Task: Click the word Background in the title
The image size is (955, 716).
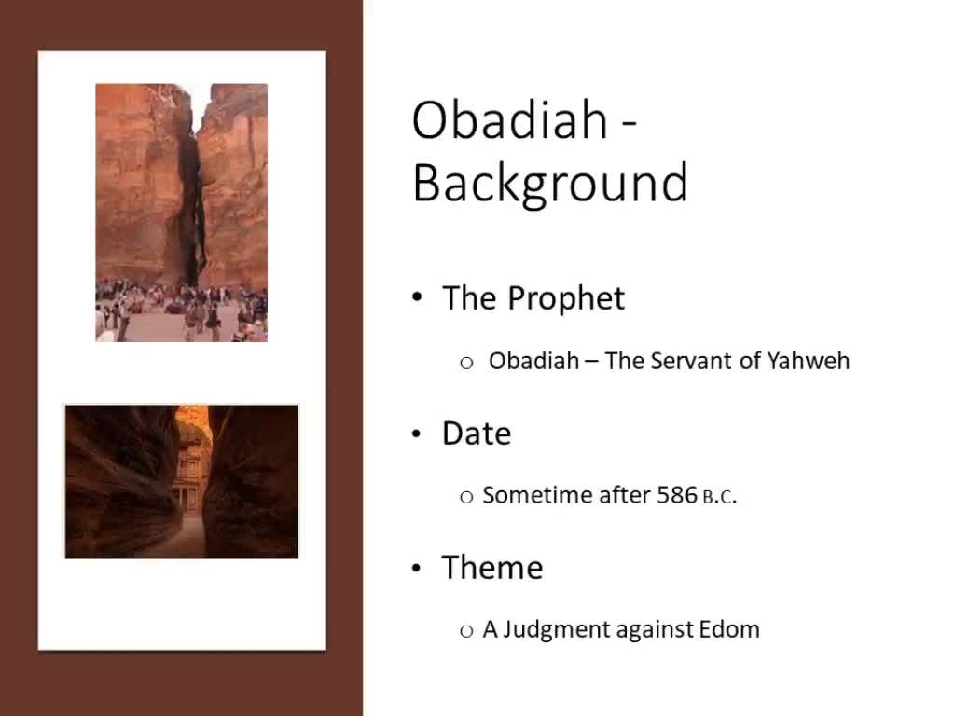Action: coord(550,183)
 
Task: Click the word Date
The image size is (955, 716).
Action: coord(477,434)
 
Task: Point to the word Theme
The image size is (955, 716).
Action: coord(492,568)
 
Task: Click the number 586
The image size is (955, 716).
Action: coord(677,496)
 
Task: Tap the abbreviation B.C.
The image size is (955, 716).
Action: coord(719,498)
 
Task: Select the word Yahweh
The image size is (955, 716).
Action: coord(809,361)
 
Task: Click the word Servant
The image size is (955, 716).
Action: coord(690,361)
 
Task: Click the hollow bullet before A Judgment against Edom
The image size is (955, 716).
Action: coord(467,631)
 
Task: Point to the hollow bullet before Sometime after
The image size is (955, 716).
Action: coord(467,497)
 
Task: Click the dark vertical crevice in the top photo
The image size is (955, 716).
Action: coord(191,205)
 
